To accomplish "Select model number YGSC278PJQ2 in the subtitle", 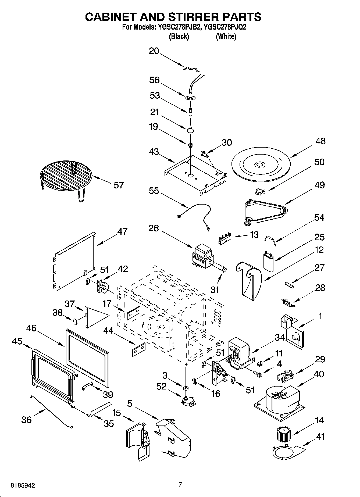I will (x=225, y=27).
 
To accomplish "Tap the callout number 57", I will (x=119, y=185).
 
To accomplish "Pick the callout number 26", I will (x=154, y=228).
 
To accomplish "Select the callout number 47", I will (x=122, y=231).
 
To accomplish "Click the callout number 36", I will (x=26, y=420).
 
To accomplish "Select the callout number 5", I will (x=130, y=403).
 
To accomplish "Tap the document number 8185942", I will (x=23, y=485).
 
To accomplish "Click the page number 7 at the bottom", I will (x=180, y=484).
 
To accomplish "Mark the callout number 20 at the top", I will (x=154, y=51).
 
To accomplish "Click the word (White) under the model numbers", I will (x=226, y=36).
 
